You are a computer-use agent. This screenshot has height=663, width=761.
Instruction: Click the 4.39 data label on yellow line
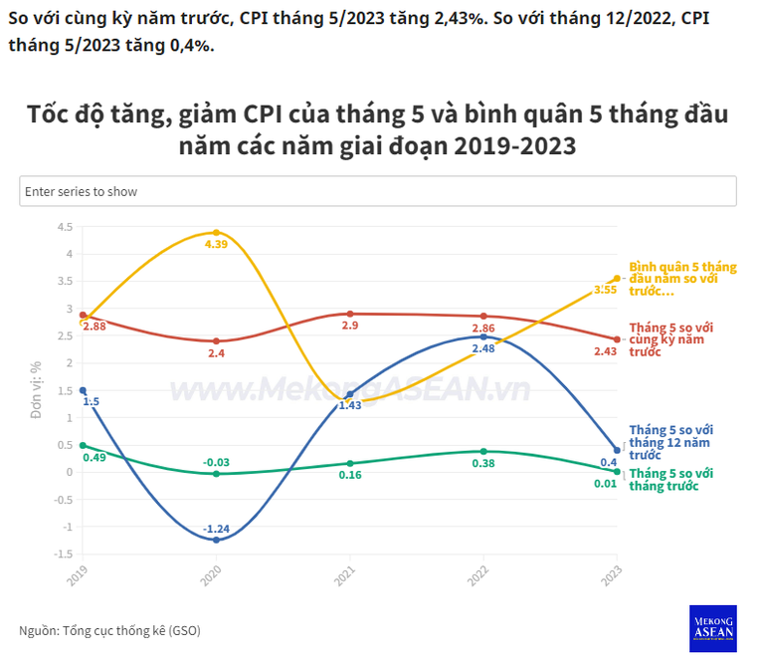click(x=216, y=244)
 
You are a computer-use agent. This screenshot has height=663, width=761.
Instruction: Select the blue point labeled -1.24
click(x=216, y=540)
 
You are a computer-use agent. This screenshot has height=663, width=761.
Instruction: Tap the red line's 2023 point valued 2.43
click(x=617, y=339)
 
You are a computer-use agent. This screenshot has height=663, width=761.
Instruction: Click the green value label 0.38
click(x=483, y=463)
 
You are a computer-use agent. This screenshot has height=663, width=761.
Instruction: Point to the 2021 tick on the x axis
click(x=344, y=574)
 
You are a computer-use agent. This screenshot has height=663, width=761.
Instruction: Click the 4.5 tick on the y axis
click(x=65, y=227)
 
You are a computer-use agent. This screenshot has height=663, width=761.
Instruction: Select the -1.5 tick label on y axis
click(x=62, y=554)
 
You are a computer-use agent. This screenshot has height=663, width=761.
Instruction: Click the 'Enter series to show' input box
click(x=378, y=191)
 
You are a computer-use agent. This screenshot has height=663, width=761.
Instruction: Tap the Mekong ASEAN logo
click(x=712, y=628)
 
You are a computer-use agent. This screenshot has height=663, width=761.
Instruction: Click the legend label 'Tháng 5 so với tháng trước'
click(x=672, y=479)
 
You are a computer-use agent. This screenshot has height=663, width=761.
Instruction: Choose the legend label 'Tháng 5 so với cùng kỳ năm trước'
click(x=671, y=339)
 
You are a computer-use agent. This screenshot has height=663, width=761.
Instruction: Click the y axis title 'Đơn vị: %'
click(x=37, y=389)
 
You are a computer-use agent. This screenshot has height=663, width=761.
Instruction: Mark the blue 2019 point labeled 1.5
click(x=83, y=391)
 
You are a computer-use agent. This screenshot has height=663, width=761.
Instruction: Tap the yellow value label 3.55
click(x=605, y=290)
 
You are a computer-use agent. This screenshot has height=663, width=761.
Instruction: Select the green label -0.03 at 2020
click(x=216, y=462)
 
